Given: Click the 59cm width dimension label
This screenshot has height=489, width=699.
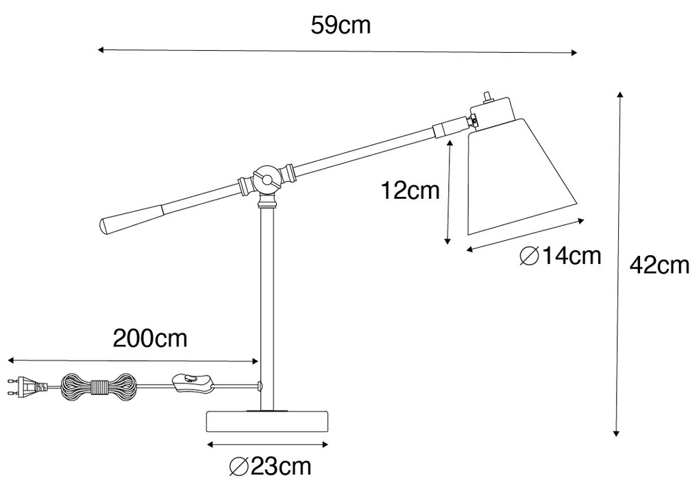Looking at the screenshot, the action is (x=341, y=25).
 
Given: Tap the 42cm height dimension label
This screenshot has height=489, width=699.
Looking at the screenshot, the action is (x=659, y=266).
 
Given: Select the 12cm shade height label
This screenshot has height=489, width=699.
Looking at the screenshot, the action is (x=410, y=191).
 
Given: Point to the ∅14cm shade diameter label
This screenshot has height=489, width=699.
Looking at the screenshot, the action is (x=561, y=256).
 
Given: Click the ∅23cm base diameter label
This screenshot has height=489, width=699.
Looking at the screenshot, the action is (x=270, y=466).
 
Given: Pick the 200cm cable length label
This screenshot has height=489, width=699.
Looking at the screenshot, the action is (x=150, y=338).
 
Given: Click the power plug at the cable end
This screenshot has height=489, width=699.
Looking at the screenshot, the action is (x=27, y=386).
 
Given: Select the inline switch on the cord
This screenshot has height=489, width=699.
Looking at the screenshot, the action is (x=192, y=383).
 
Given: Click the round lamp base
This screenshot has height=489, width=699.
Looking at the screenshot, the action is (x=267, y=421).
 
